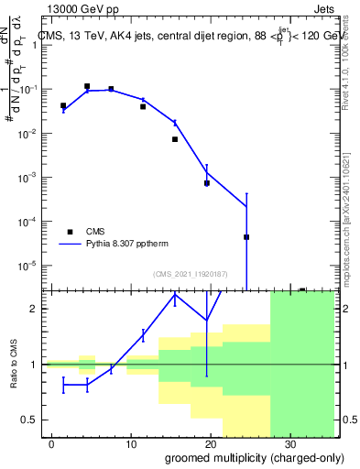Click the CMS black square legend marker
point(70,232)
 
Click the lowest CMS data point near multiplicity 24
point(246,237)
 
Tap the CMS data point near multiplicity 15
point(174,139)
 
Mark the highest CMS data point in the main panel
point(87,87)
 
